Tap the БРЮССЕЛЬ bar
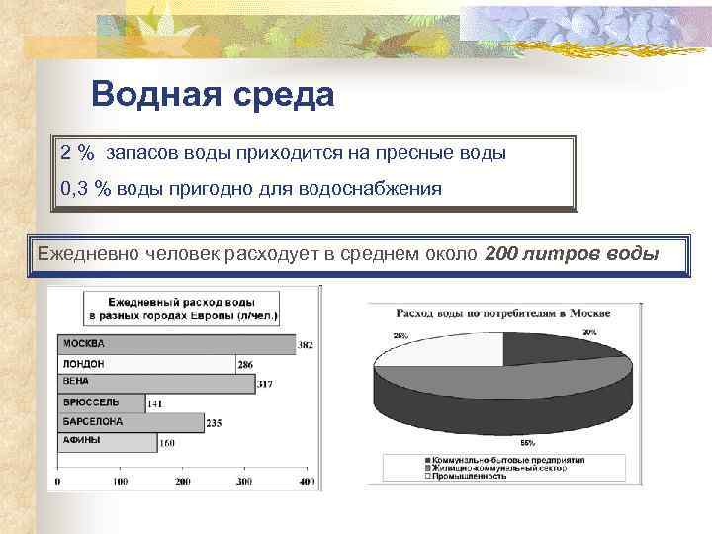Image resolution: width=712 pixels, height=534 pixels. click(x=101, y=402)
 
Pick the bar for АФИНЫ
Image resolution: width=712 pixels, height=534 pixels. click(x=107, y=441)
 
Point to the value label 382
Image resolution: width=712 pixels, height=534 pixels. click(x=306, y=345)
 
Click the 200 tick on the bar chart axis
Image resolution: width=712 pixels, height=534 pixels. click(x=183, y=482)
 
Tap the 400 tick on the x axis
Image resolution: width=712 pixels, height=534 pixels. click(x=307, y=482)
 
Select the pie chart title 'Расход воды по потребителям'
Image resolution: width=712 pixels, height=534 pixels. click(x=503, y=313)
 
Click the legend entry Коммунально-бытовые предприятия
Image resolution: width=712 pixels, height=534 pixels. click(x=504, y=460)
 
